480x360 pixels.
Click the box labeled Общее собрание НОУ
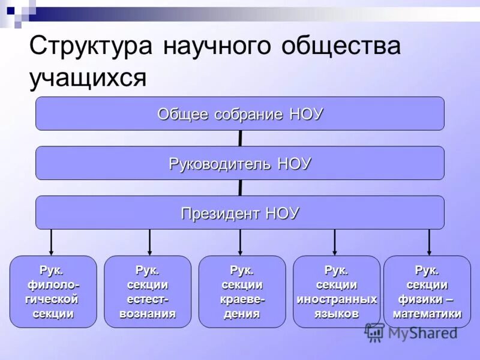[x=240, y=113]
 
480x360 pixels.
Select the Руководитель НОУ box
[x=240, y=163]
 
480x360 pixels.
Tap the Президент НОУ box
[x=240, y=212]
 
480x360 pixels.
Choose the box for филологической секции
[x=53, y=292]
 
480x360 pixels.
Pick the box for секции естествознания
[x=148, y=292]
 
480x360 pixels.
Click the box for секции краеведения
[x=242, y=292]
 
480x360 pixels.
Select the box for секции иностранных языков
[x=336, y=292]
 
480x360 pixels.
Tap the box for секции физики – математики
[x=427, y=292]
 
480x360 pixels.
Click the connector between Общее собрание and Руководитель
[x=241, y=139]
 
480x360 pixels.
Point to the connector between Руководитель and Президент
[x=241, y=188]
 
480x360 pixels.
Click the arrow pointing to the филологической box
[x=52, y=242]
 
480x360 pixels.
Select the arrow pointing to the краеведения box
[x=240, y=242]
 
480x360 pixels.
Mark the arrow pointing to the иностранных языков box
[x=335, y=242]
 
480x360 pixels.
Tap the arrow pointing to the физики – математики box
[x=429, y=242]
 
